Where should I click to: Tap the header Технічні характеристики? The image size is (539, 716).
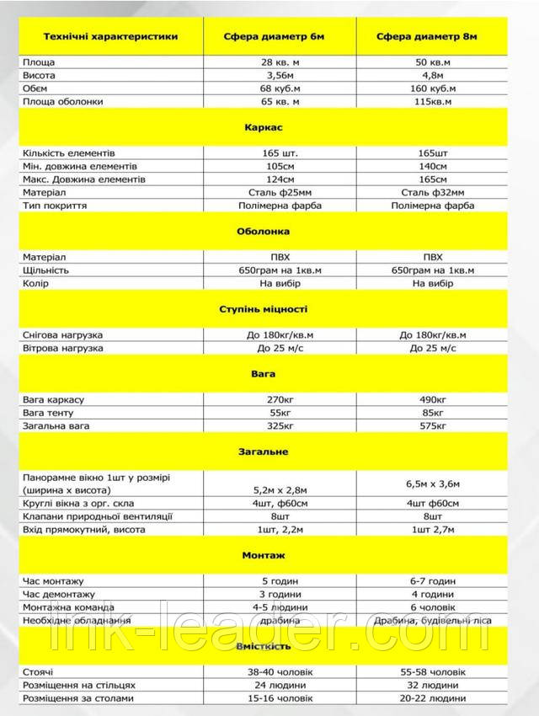pos(106,37)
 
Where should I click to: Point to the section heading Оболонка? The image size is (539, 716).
pos(269,231)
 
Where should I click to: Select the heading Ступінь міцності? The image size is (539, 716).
pos(269,309)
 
